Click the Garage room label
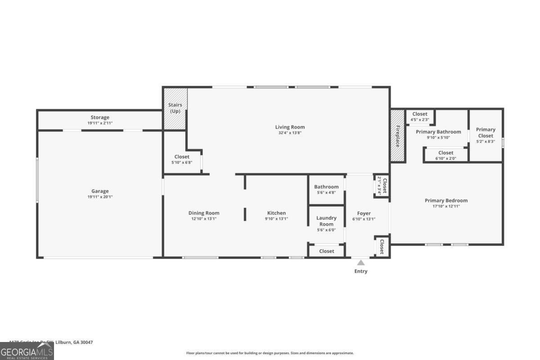[100, 191]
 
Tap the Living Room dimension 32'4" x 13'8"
[290, 133]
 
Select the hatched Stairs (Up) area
[175, 108]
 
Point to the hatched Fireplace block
[398, 135]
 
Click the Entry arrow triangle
[361, 262]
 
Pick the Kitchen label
[276, 213]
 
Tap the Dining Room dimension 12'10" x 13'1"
[204, 219]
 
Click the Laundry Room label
[326, 221]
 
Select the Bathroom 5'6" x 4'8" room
[326, 189]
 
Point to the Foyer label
[364, 213]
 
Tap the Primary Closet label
[486, 132]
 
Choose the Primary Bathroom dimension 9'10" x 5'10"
[438, 137]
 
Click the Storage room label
[100, 117]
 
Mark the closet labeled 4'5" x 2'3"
[420, 117]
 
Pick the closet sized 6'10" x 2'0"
[445, 155]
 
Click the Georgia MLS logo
[27, 351]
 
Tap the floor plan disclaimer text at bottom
[270, 353]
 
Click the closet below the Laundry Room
[326, 251]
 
